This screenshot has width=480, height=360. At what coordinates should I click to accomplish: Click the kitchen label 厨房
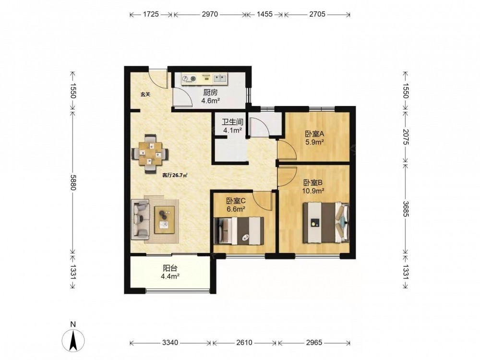(x=210, y=93)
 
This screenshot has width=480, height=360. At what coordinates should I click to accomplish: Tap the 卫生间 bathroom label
(x=233, y=122)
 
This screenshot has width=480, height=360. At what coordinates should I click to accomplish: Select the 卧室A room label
(x=314, y=134)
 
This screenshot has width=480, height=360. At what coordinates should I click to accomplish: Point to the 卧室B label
(x=313, y=183)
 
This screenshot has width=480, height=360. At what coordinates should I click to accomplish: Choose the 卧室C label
(x=236, y=201)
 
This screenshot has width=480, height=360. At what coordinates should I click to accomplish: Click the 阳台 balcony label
(x=170, y=268)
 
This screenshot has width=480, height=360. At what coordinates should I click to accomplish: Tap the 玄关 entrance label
(x=145, y=95)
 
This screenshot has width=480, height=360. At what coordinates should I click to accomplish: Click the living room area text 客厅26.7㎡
(x=175, y=175)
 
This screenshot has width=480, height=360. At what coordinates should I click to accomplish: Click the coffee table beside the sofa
(x=164, y=220)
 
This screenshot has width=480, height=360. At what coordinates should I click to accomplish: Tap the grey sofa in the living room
(x=140, y=219)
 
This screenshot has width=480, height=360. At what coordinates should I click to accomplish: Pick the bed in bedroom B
(x=326, y=223)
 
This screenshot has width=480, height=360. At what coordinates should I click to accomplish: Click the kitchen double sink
(x=220, y=79)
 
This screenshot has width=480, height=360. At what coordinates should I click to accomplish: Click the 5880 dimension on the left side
(x=73, y=182)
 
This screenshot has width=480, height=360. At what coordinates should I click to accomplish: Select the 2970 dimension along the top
(x=210, y=14)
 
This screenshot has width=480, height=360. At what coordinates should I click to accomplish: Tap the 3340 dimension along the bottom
(x=170, y=343)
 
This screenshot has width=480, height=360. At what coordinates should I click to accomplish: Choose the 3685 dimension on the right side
(x=405, y=209)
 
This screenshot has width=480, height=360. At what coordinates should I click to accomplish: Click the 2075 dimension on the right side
(x=405, y=136)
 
